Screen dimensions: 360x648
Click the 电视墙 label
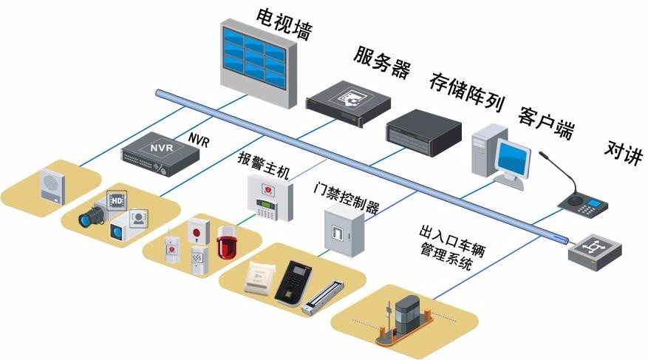(x=284, y=24)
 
